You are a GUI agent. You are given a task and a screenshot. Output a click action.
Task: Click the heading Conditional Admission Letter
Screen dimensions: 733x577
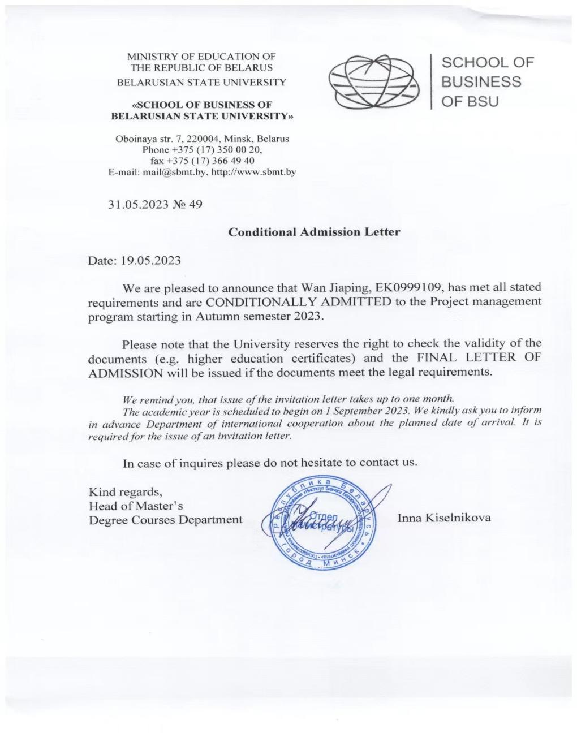pos(314,232)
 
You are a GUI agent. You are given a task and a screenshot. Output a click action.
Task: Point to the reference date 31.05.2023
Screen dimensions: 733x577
pos(138,204)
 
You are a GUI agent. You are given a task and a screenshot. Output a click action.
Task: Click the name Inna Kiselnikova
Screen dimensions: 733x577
pos(444,518)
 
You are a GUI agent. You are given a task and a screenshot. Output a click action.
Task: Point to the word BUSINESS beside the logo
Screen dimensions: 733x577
pos(481,82)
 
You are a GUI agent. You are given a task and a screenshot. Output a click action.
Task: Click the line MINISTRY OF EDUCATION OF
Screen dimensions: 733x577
pos(201,57)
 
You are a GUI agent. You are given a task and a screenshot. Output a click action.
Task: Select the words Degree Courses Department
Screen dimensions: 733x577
pos(165,520)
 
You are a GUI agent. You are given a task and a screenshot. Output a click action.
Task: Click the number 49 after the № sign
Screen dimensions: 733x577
pos(195,204)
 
